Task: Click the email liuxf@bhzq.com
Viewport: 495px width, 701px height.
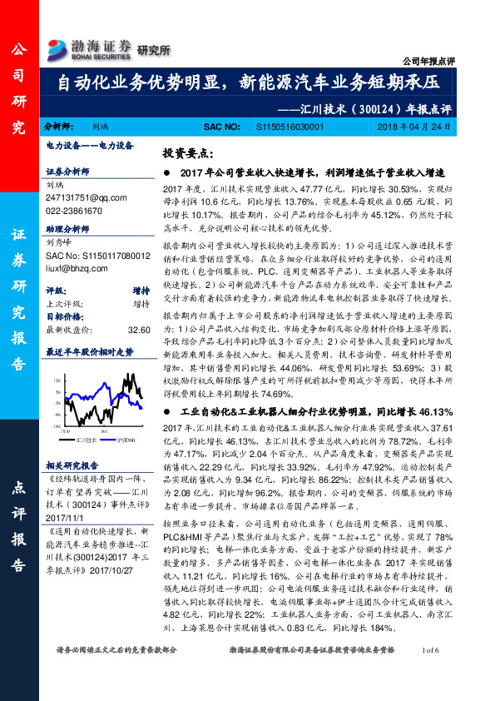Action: pos(77,267)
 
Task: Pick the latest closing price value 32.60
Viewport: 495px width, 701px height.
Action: pos(139,330)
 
